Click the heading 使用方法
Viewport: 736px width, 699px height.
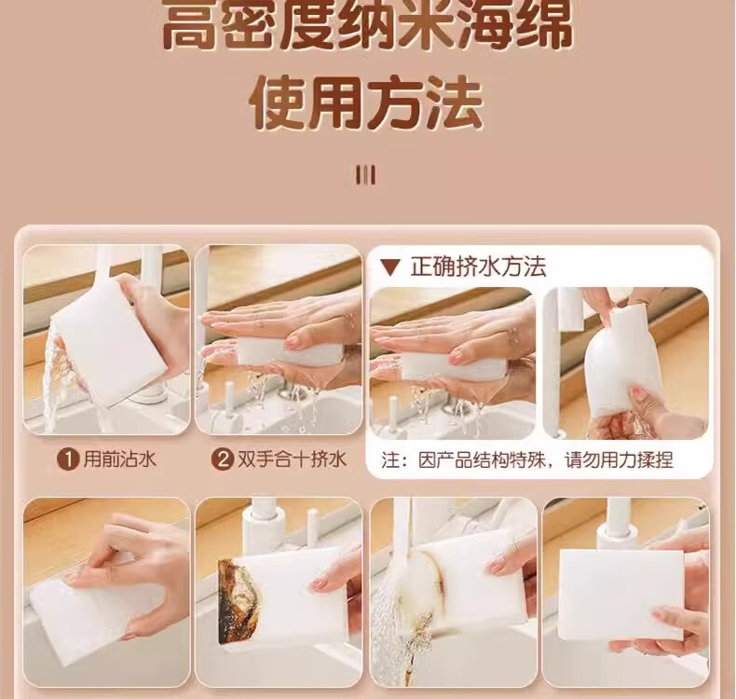[x=366, y=103]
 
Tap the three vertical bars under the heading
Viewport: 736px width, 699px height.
[x=365, y=175]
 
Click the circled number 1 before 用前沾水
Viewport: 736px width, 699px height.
[x=68, y=459]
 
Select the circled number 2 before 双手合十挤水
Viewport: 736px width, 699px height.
[x=223, y=459]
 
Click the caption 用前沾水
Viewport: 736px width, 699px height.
[x=119, y=459]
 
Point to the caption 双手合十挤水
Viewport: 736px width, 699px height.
[x=292, y=459]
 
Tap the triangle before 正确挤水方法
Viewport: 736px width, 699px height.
[x=390, y=267]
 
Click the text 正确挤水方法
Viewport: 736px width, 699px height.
[x=478, y=267]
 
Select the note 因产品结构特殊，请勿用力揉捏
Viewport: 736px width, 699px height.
[x=546, y=460]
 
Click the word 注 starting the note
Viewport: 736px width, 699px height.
[x=390, y=460]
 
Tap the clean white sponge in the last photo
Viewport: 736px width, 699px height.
[x=621, y=594]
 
